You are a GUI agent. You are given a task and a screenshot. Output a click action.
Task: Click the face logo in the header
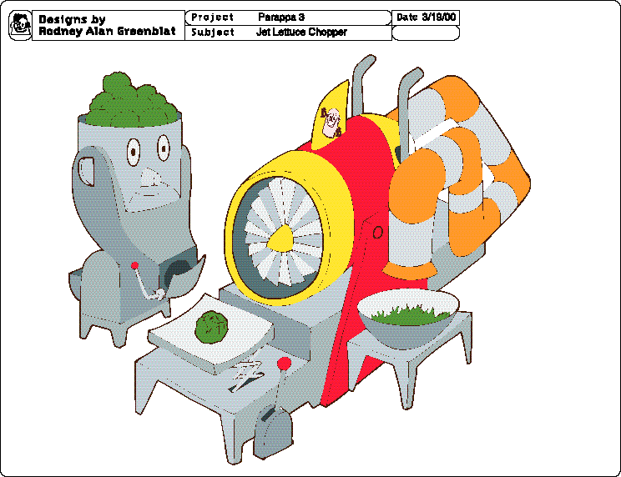coord(20,25)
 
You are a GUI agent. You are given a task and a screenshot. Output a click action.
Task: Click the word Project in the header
coord(212,18)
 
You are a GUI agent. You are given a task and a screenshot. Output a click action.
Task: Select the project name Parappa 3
coord(281,17)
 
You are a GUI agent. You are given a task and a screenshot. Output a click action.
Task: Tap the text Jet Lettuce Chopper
coord(301,32)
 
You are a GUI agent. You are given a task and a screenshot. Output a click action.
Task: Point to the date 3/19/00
coord(439,17)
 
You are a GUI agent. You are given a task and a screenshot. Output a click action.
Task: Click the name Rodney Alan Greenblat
coord(108,32)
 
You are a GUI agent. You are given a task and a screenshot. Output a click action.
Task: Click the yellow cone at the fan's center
coord(281,238)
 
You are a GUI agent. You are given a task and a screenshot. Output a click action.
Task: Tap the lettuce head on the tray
coord(211,327)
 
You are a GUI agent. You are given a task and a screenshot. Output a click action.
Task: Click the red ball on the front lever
coord(284,364)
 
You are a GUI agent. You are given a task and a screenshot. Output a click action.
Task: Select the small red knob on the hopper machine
coord(134,265)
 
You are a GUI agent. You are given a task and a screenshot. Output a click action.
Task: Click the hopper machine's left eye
coord(134,152)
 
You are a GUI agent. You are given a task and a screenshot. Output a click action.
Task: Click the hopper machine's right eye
coord(163,148)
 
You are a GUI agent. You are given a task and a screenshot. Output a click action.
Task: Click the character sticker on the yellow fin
coord(331,123)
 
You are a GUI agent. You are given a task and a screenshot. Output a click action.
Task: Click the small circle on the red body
coord(378,232)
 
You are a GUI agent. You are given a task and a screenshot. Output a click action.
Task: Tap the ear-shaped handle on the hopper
coord(86,171)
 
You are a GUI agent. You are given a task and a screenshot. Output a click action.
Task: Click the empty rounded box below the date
coord(426,33)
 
